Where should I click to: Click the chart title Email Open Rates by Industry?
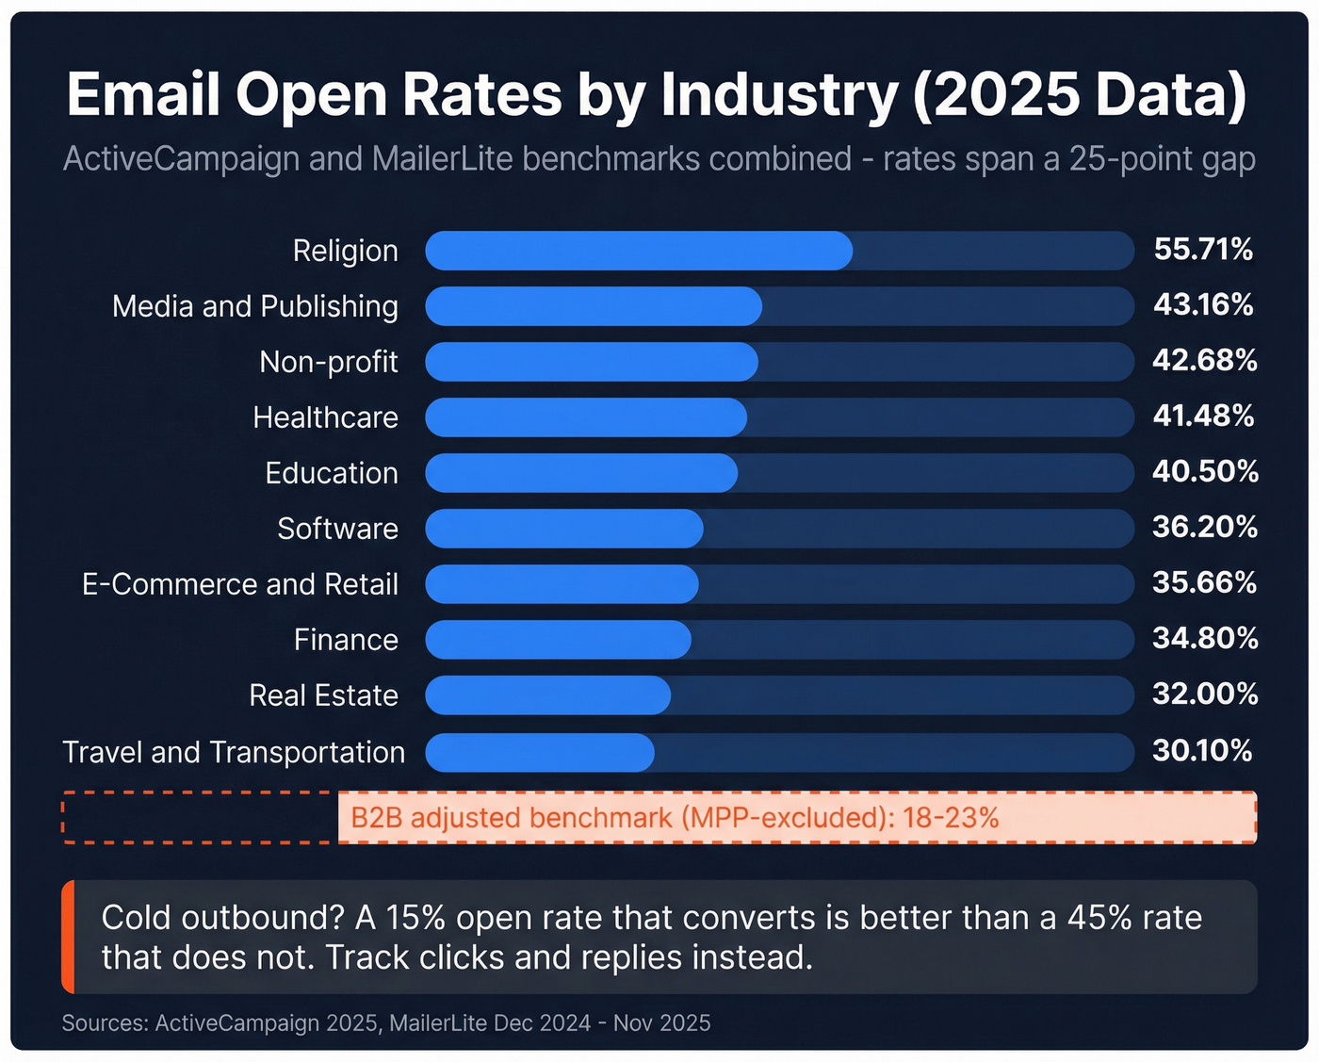657,95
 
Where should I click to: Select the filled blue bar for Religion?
638,251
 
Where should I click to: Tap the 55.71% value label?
1203,250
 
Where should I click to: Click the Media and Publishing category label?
254,306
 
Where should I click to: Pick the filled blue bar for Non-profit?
591,362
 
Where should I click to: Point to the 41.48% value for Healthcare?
1203,417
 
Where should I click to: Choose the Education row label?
331,473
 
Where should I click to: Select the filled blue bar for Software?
563,529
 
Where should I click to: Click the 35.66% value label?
1204,583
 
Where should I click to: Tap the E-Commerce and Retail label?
239,584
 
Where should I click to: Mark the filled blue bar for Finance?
558,640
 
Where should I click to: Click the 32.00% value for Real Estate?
1205,694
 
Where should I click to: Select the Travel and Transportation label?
233,752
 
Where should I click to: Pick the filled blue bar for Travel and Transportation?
539,752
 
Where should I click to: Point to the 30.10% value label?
1202,751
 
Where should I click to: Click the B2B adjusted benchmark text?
674,817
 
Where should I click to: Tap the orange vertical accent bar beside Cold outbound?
68,937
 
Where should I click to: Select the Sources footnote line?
385,1023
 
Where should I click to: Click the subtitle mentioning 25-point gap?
659,159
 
